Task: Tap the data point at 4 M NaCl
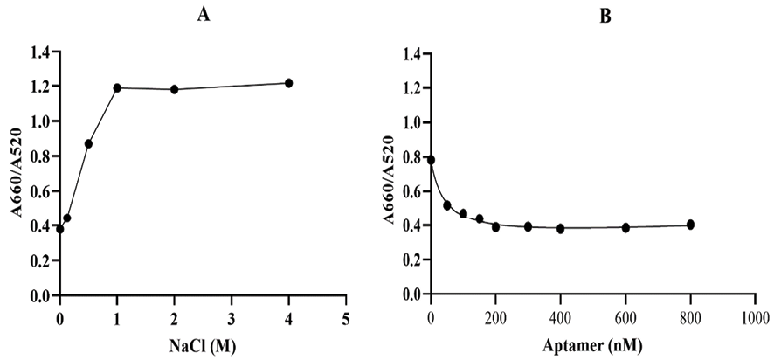point(288,83)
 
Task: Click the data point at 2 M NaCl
point(175,89)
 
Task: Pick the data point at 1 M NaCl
point(117,87)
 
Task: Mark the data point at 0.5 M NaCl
point(88,143)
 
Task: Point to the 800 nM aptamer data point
point(690,225)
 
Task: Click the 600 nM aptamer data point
point(625,227)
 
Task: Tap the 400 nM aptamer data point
point(560,228)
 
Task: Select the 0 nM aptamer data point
point(431,160)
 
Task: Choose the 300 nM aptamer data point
point(528,226)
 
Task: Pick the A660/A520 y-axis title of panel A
point(14,175)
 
